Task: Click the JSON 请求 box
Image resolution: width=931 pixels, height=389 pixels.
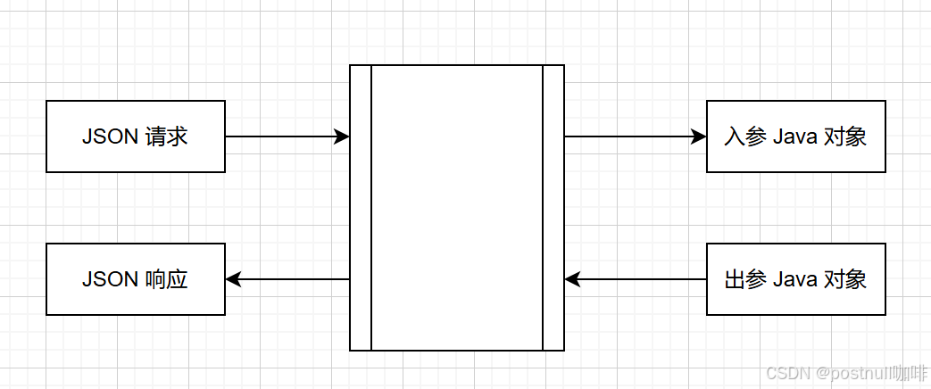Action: (x=136, y=137)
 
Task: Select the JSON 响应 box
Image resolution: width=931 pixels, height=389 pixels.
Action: (x=136, y=279)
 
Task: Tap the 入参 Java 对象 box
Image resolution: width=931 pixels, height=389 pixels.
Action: (x=795, y=137)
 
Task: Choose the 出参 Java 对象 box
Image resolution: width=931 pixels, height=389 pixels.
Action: (x=795, y=279)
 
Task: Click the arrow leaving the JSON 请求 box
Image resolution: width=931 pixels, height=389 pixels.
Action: (x=286, y=137)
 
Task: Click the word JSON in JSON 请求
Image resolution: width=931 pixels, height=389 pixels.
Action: (x=110, y=137)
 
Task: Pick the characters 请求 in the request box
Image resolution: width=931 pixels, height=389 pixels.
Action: (x=166, y=137)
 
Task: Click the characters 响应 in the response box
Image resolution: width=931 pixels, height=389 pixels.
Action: (x=166, y=280)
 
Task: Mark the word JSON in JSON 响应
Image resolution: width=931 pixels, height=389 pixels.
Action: (x=110, y=280)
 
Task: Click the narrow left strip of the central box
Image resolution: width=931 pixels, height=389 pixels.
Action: (x=361, y=208)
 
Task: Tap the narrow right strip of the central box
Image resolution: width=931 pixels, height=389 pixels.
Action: (x=553, y=208)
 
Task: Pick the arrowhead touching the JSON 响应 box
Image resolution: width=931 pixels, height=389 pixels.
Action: (x=233, y=279)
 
